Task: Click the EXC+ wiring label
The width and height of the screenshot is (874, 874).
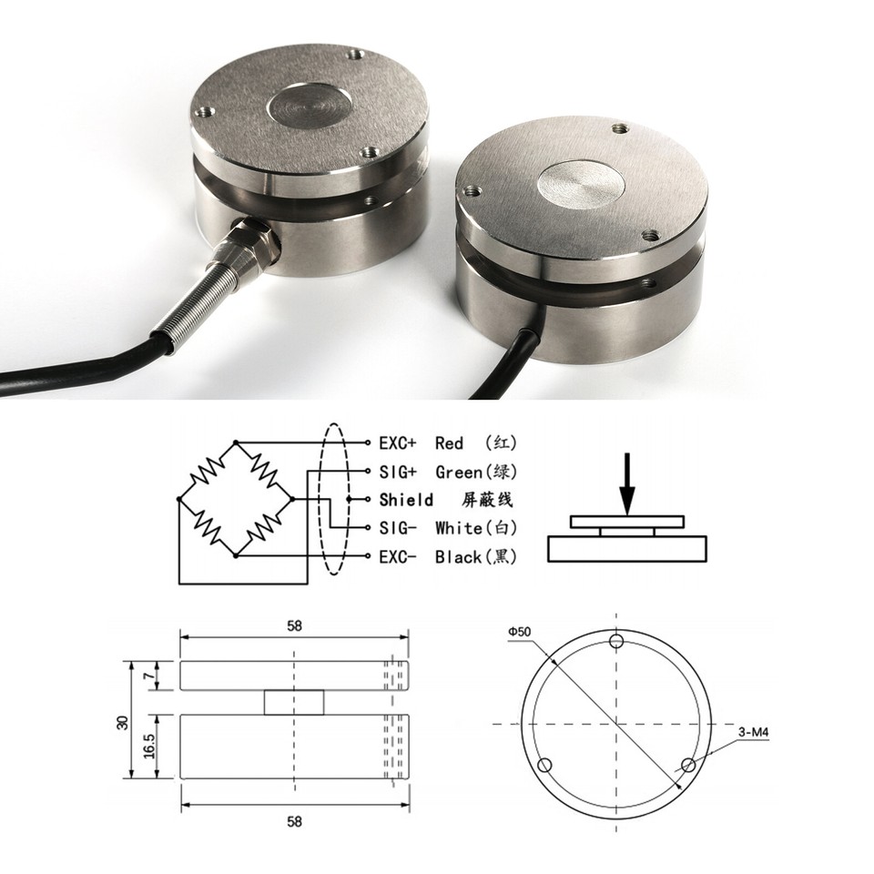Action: (x=397, y=443)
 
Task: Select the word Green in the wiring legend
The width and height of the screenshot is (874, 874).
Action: (x=459, y=472)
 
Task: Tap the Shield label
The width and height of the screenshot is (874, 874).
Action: (x=406, y=500)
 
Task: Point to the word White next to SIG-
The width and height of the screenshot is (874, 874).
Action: (x=458, y=528)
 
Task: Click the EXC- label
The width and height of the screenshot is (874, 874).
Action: (x=397, y=556)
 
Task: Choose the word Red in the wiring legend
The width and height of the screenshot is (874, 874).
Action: (x=449, y=443)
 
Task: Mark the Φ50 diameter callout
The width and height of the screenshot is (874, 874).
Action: (x=521, y=631)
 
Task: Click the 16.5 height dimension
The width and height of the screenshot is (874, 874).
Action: (x=149, y=747)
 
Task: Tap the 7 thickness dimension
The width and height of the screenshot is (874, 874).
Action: (x=149, y=676)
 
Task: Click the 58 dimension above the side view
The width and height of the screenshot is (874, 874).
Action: (x=293, y=625)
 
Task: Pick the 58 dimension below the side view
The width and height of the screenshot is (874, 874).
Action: (x=293, y=820)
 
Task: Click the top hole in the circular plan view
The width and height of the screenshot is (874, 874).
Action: (x=616, y=643)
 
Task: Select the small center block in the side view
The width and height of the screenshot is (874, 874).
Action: (x=293, y=702)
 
